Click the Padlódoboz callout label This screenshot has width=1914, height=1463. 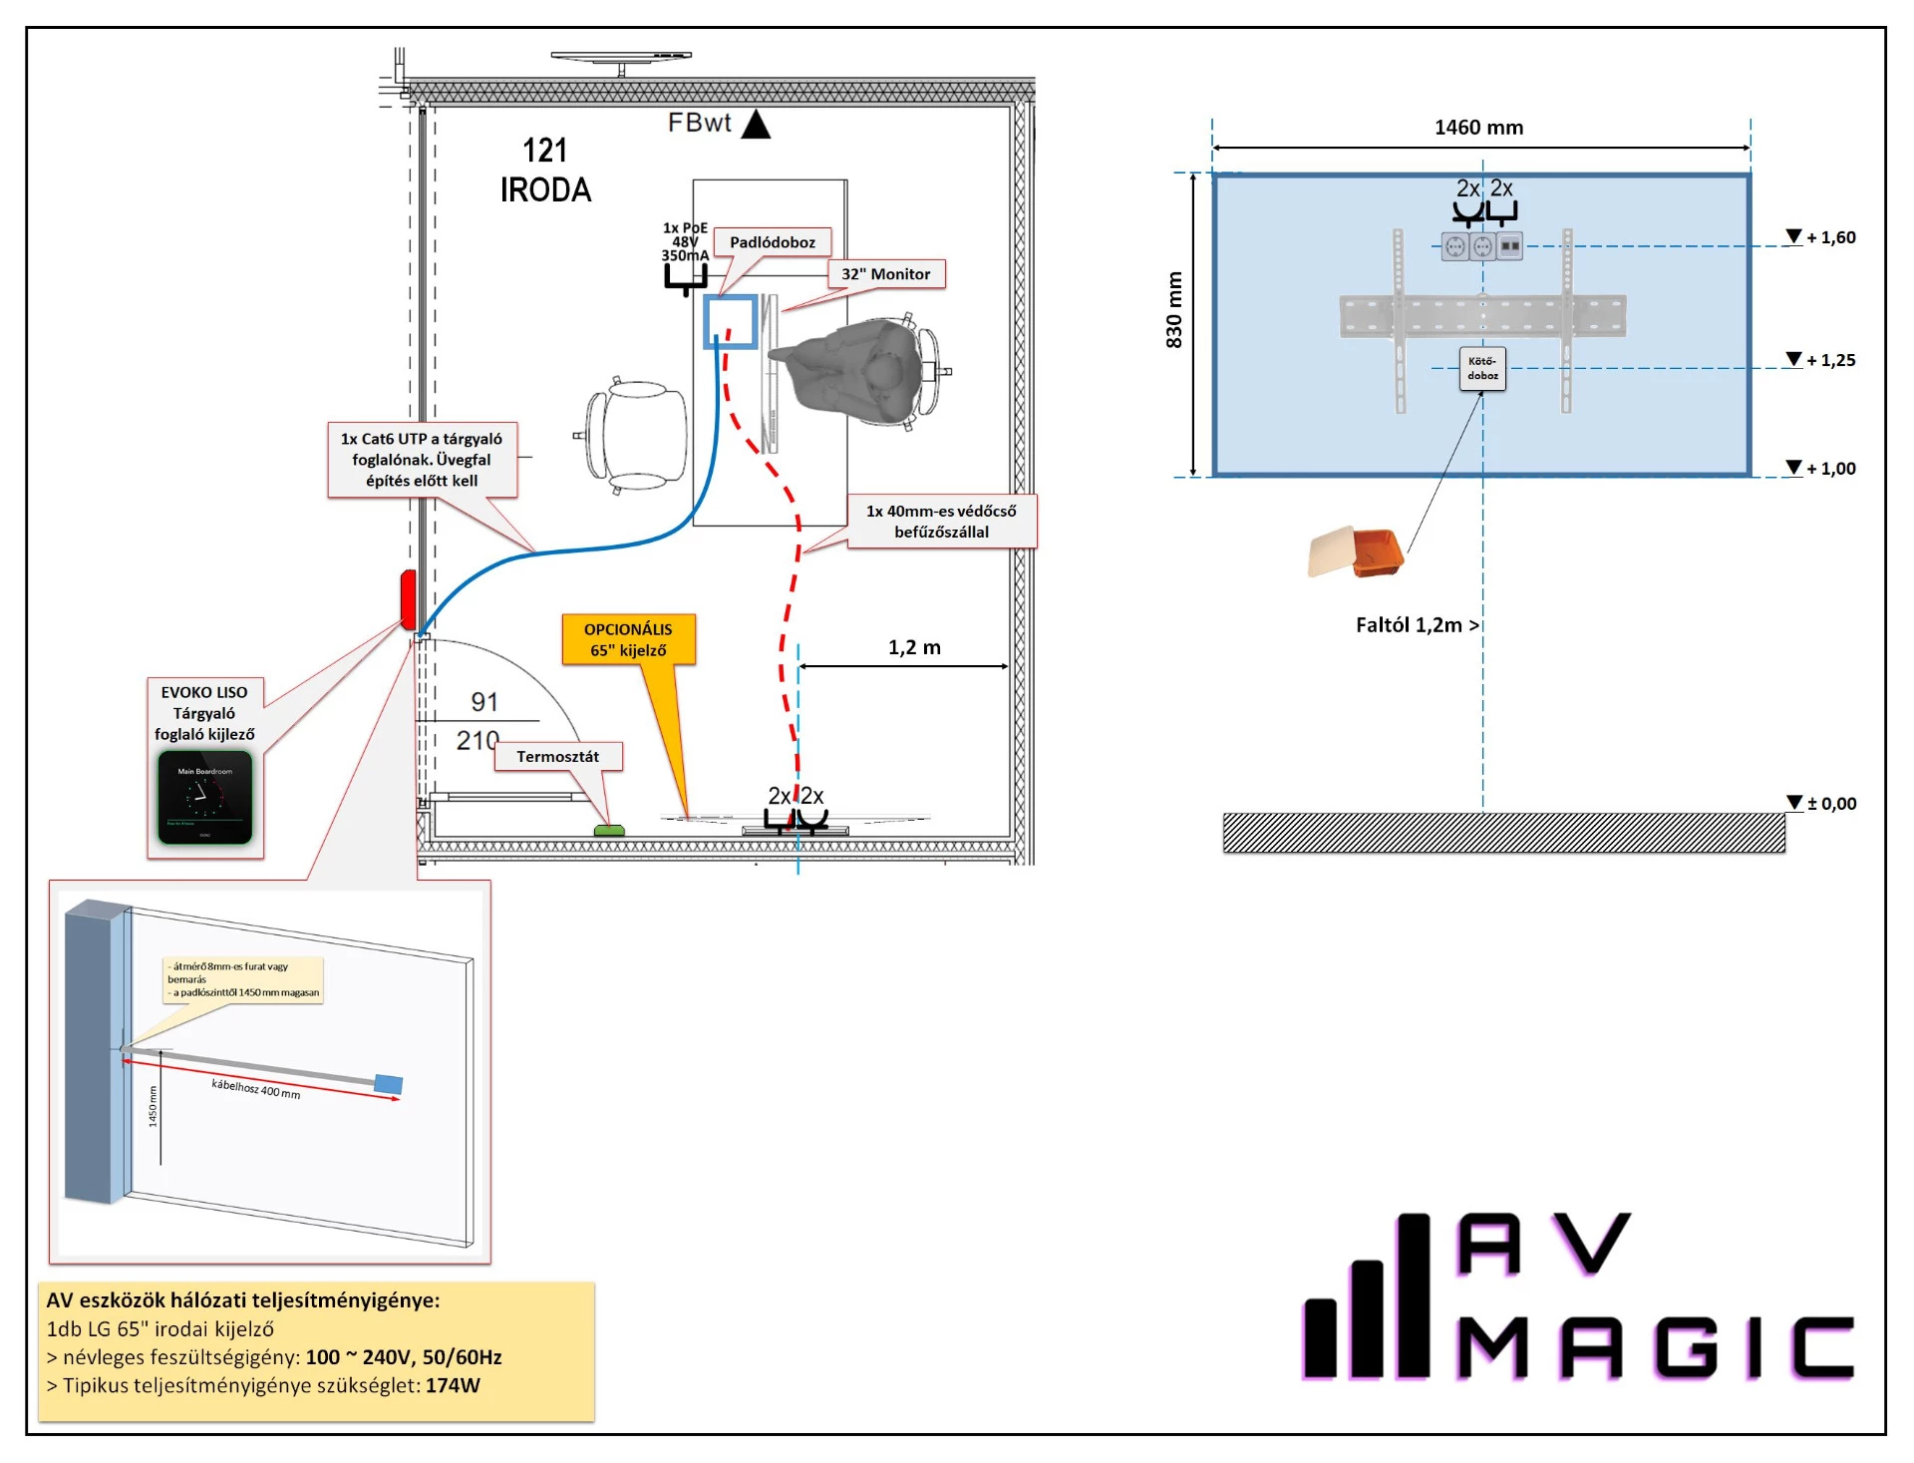772,242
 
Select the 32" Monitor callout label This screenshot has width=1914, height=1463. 885,274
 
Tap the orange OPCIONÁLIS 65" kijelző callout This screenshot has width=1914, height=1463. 628,640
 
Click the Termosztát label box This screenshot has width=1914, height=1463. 557,757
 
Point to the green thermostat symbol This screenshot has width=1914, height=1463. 609,830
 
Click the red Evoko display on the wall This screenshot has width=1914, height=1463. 408,598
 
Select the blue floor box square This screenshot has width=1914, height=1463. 731,322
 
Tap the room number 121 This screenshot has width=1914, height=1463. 545,151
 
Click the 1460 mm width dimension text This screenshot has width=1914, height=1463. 1478,128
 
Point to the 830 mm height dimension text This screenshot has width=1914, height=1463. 1174,310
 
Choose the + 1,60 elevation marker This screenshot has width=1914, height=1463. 1821,237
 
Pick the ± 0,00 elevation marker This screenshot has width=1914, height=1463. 1822,804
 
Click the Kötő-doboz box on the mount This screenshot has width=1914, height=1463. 1482,369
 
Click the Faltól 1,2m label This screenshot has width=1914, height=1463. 1417,625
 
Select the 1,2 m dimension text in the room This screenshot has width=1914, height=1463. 914,648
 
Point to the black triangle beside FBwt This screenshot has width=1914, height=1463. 757,125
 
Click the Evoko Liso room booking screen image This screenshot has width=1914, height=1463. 205,798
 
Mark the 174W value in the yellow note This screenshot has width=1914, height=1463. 453,1385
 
